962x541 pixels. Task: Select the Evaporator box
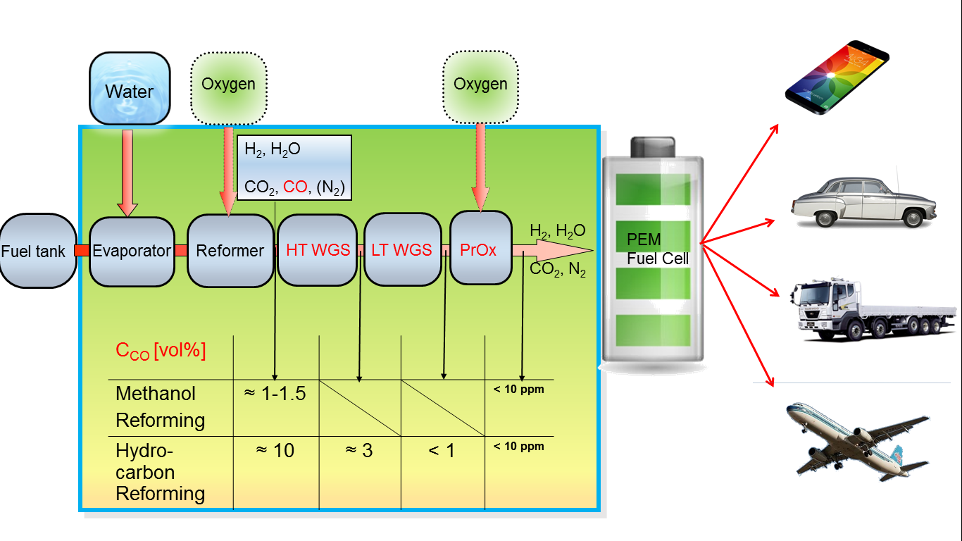132,251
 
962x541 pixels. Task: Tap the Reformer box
230,251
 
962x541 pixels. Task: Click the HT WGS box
318,251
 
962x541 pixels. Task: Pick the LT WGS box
401,251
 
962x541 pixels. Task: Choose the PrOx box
480,250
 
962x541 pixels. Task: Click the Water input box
130,90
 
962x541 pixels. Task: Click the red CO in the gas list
294,187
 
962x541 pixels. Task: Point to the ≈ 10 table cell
277,450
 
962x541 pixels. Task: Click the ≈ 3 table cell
358,450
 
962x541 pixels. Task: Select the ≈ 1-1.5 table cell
275,394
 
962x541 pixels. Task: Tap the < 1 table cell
442,450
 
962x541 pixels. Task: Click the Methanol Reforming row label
161,406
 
